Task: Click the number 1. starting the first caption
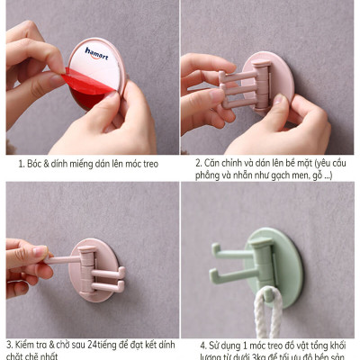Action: pos(22,165)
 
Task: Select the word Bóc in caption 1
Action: pos(37,165)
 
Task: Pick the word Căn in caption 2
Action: pos(213,164)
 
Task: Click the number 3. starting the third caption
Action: pos(10,345)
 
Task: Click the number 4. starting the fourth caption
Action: pos(202,345)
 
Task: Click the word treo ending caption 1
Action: pos(148,165)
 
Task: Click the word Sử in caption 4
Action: pos(217,345)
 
